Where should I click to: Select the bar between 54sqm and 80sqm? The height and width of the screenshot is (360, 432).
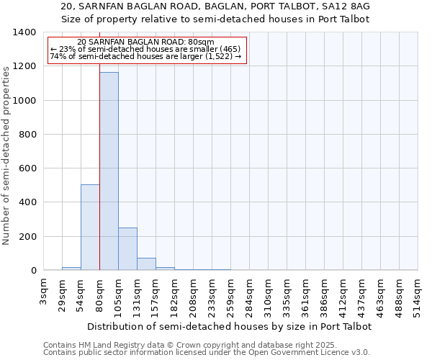(90, 228)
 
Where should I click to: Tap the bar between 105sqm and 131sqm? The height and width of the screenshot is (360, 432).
(127, 249)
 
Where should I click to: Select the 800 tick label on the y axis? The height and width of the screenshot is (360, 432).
(27, 135)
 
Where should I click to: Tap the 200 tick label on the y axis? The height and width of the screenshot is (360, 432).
(27, 237)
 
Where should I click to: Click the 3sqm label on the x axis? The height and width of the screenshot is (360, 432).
(43, 291)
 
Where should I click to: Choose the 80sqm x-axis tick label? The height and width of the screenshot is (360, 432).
(99, 292)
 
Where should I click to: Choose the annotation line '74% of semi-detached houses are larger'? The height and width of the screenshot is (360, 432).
(146, 57)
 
